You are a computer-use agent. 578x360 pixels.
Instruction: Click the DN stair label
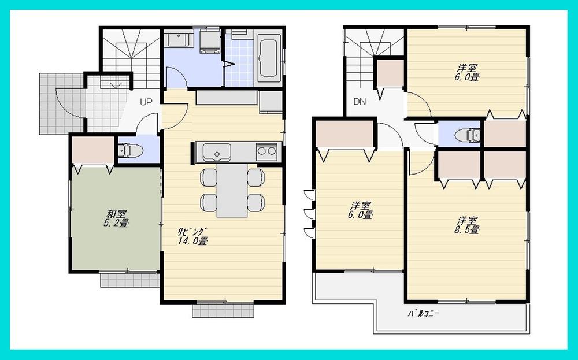click(x=360, y=102)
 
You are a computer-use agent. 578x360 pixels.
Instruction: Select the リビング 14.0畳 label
click(x=192, y=236)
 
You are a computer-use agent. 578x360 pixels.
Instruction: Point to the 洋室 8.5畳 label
click(x=467, y=225)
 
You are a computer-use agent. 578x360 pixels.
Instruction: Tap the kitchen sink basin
click(x=217, y=153)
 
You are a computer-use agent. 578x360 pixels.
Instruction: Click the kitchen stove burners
click(x=267, y=152)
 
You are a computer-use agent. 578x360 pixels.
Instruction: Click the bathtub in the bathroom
click(x=269, y=57)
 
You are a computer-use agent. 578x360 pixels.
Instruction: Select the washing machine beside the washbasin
click(x=209, y=41)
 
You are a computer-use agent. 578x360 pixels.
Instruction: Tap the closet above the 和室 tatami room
click(x=92, y=151)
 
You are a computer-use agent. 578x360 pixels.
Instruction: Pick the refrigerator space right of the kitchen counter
click(x=271, y=102)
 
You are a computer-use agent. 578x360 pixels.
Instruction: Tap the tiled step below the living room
click(x=223, y=310)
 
